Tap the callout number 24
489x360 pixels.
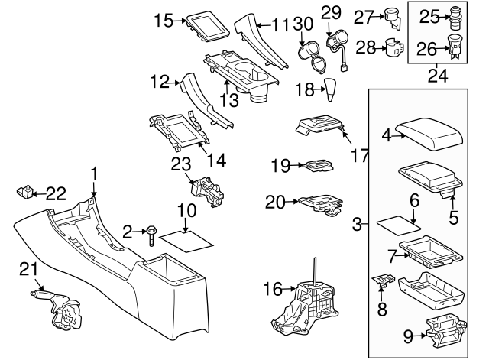coord(439,75)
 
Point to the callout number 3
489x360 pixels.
coord(357,225)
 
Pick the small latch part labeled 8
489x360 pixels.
coord(382,283)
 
